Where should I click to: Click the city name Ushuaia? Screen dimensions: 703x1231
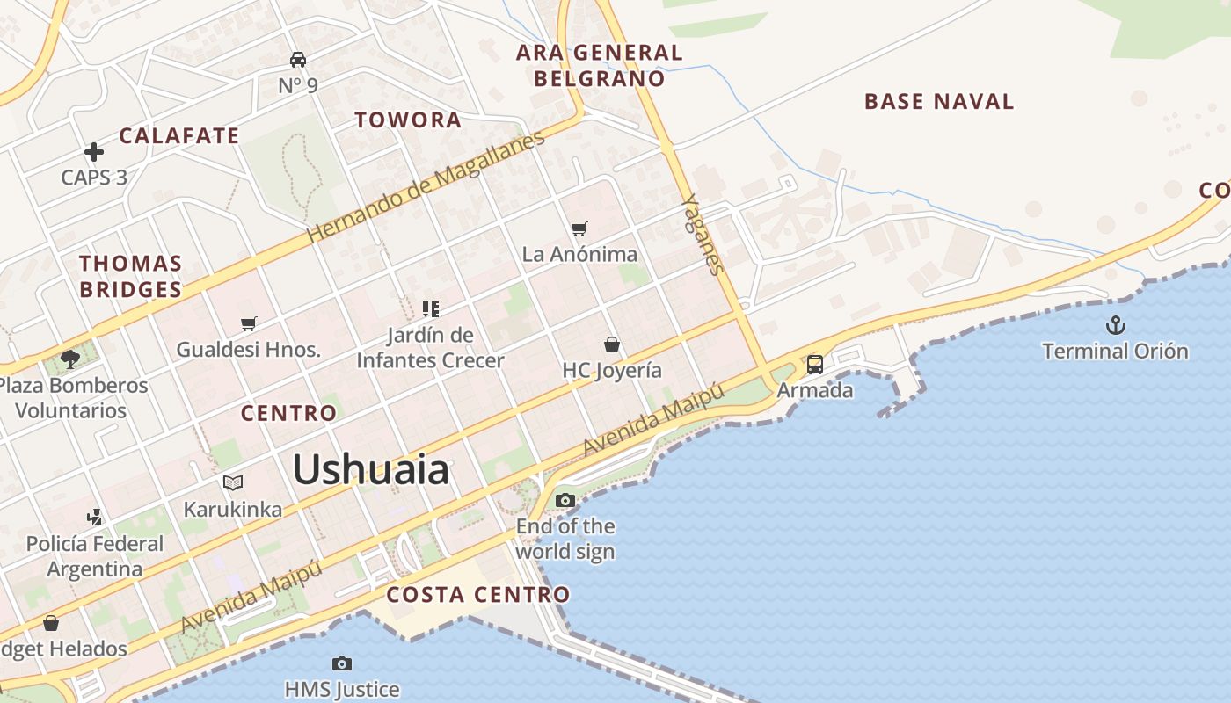click(370, 470)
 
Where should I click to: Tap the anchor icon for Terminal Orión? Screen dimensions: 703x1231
click(1115, 326)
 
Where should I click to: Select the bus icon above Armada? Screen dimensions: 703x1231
click(815, 364)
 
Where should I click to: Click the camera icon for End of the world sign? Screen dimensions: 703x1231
click(565, 501)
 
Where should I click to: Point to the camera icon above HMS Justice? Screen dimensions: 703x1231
click(342, 663)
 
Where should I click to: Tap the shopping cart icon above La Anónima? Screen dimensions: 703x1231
click(579, 228)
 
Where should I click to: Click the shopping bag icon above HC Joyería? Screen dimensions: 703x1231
click(612, 344)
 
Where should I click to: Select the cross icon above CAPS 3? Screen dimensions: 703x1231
click(94, 152)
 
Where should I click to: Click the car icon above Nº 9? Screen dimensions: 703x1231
click(298, 60)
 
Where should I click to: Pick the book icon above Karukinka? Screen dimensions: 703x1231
click(233, 482)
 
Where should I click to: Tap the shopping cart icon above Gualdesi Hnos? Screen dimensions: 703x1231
click(249, 323)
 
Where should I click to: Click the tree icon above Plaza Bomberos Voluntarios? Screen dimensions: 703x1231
click(70, 359)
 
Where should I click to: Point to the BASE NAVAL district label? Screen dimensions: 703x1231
click(939, 101)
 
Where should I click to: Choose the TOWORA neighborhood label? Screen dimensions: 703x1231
click(408, 120)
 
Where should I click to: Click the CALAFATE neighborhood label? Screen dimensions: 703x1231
click(179, 136)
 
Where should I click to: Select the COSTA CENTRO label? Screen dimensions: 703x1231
click(478, 595)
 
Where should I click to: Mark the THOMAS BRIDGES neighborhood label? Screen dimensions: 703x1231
click(131, 276)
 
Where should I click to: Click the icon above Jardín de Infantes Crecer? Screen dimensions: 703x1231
click(430, 308)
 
